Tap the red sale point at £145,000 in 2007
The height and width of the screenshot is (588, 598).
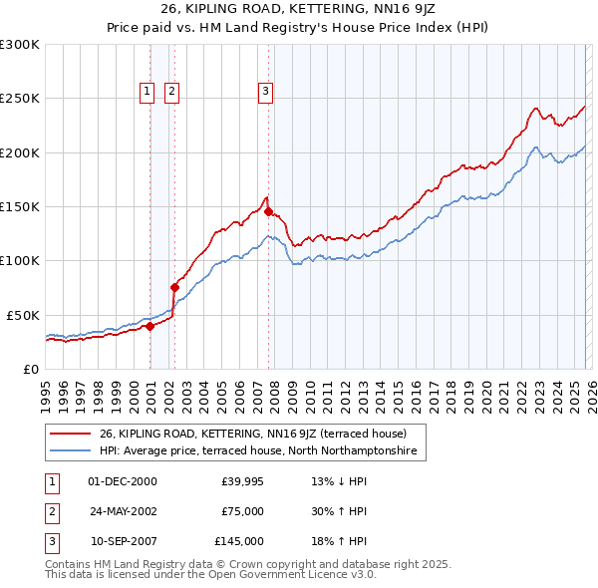(268, 211)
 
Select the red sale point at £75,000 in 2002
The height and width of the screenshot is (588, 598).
(174, 287)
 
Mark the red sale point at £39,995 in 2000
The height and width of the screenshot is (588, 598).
(149, 325)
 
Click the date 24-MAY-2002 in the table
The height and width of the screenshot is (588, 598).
(123, 511)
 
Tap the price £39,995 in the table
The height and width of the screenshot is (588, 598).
(242, 481)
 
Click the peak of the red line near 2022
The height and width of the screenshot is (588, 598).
(536, 108)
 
